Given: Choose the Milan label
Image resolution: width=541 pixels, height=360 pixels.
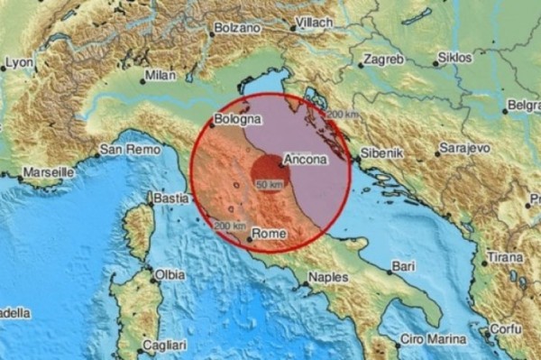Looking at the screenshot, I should click(160, 75).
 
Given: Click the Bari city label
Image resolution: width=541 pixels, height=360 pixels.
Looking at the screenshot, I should click(403, 268).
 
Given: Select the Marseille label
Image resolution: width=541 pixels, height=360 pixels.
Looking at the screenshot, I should click(49, 171).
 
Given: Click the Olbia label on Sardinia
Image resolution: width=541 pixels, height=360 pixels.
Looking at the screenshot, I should click(170, 274).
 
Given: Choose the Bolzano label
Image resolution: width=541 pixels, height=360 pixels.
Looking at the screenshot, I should click(239, 30).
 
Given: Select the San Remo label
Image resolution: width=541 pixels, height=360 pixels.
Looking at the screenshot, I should click(124, 149).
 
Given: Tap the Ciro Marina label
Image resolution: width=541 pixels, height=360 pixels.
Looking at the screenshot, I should click(433, 339).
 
